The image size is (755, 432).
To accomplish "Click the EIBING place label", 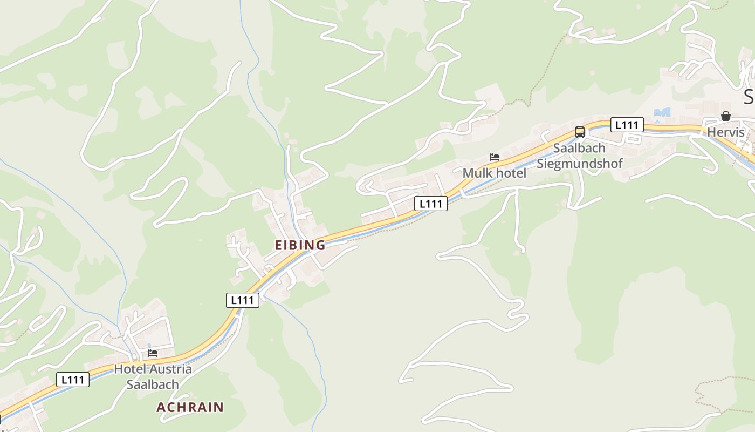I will click(300, 245).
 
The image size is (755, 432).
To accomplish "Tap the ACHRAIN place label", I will click(190, 407).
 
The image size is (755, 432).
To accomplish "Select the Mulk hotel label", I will click(495, 173).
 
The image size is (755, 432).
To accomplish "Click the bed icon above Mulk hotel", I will click(495, 157).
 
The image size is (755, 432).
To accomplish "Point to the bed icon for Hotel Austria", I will click(153, 353).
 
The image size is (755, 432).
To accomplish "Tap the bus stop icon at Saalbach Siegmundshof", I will click(580, 132).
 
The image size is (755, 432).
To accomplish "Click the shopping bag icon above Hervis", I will click(726, 116).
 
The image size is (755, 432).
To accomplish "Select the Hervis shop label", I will click(726, 132).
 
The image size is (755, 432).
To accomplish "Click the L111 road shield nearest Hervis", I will click(627, 125).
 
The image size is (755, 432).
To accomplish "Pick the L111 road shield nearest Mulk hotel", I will click(431, 204).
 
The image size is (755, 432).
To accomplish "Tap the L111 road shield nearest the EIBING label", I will click(243, 300).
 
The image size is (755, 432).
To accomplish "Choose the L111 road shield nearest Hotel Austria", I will click(73, 380).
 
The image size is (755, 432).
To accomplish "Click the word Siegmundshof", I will click(580, 163).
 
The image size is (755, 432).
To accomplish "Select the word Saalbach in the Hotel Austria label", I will click(153, 384).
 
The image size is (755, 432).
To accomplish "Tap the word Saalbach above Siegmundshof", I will click(580, 148).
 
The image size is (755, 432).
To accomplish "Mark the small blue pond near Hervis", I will click(662, 112).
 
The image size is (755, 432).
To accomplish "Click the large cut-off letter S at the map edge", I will click(749, 97).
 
